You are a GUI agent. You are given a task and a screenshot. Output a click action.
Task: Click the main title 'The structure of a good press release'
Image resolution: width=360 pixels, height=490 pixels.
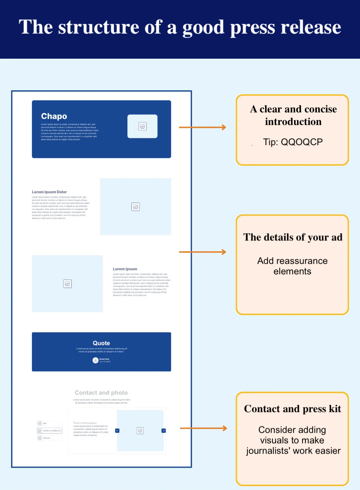(x=180, y=27)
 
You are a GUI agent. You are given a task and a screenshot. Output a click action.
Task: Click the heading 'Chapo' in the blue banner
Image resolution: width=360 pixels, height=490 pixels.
(x=54, y=116)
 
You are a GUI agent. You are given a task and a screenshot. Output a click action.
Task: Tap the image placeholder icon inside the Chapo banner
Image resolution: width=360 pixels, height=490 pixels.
(x=143, y=126)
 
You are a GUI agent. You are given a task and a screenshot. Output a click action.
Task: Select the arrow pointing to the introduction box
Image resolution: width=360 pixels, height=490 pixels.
(x=202, y=127)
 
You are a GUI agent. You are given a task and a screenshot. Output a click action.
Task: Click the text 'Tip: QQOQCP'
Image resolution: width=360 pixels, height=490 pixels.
(x=293, y=142)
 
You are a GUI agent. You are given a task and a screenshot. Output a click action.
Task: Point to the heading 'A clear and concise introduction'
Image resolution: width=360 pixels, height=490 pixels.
(x=293, y=115)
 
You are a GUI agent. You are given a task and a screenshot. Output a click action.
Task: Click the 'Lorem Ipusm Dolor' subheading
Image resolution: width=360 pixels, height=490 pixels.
(x=49, y=192)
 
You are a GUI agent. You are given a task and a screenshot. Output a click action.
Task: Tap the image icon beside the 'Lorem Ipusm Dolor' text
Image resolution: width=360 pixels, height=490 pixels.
(x=135, y=207)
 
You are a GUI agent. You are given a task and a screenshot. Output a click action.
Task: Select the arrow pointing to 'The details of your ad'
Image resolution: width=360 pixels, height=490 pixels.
(x=202, y=252)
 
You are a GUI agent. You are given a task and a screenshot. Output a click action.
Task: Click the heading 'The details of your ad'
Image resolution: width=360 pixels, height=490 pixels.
(x=293, y=237)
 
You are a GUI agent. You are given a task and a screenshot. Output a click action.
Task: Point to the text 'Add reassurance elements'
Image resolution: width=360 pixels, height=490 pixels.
(x=292, y=266)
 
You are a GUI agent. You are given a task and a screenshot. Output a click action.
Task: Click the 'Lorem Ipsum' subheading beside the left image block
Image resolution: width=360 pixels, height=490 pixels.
(x=125, y=269)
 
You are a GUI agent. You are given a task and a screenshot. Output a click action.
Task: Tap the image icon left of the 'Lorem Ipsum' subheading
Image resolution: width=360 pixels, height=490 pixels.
(x=67, y=284)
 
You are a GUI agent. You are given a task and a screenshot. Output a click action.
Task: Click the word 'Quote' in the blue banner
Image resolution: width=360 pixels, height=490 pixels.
(x=102, y=343)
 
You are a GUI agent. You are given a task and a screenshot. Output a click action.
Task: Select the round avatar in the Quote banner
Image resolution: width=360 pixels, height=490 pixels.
(x=95, y=360)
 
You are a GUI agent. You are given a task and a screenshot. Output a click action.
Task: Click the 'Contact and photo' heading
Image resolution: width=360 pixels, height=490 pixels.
(x=101, y=393)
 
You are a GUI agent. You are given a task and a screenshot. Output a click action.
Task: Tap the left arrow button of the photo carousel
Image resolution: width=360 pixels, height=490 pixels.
(x=117, y=431)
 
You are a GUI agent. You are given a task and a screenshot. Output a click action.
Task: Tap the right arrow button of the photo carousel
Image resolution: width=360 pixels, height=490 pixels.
(x=163, y=431)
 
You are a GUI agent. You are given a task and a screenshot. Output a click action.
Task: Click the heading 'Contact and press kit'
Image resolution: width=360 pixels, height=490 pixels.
(x=292, y=409)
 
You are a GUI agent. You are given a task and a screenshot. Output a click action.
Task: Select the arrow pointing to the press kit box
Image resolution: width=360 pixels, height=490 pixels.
(x=203, y=428)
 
